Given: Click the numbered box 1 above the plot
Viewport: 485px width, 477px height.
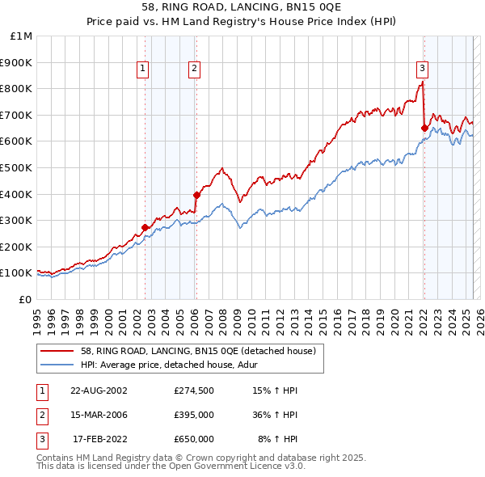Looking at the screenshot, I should click(x=142, y=70).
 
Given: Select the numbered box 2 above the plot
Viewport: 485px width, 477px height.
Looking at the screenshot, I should click(x=195, y=70).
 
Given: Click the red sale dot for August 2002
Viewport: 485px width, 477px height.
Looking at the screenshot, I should click(x=145, y=227).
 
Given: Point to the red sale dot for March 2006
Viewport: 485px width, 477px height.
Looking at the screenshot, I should click(x=196, y=195).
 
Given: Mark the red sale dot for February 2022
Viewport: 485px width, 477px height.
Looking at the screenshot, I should click(x=424, y=128).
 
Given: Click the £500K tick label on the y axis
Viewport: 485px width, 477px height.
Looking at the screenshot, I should click(x=16, y=168).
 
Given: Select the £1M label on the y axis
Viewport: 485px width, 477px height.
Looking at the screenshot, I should click(x=22, y=36).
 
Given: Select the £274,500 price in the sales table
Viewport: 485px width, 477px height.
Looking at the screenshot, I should click(x=194, y=390).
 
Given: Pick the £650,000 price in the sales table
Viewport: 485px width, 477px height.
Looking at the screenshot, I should click(x=194, y=439).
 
